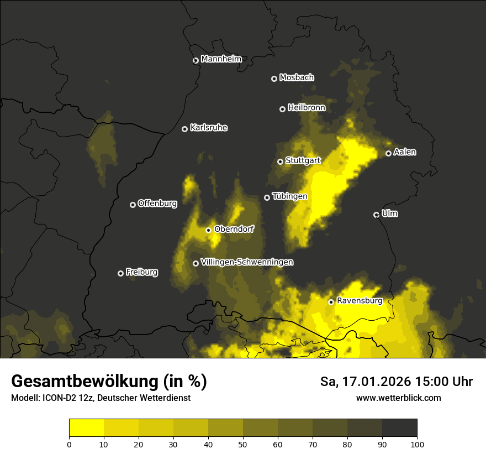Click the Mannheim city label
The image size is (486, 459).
[x=221, y=59]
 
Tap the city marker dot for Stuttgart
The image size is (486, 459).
[x=280, y=161]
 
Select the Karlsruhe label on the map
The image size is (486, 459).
[x=208, y=128]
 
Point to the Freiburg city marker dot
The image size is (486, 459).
[x=120, y=273]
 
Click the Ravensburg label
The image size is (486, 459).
[x=360, y=301]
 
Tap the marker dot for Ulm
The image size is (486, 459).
[x=376, y=215]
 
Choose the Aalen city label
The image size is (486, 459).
[x=405, y=152]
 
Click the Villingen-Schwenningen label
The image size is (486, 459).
[x=247, y=262]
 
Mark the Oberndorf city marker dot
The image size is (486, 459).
[x=208, y=230]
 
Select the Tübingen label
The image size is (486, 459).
[x=289, y=196]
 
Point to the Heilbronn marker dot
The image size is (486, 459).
[x=282, y=109]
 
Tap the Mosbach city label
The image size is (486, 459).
[x=297, y=78]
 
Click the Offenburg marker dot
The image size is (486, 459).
[x=133, y=205]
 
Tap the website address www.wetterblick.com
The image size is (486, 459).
[x=398, y=398]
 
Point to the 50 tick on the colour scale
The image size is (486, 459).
[x=243, y=444]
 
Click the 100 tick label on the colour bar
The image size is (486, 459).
[x=417, y=444]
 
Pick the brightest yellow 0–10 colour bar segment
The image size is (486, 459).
[x=86, y=428]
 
